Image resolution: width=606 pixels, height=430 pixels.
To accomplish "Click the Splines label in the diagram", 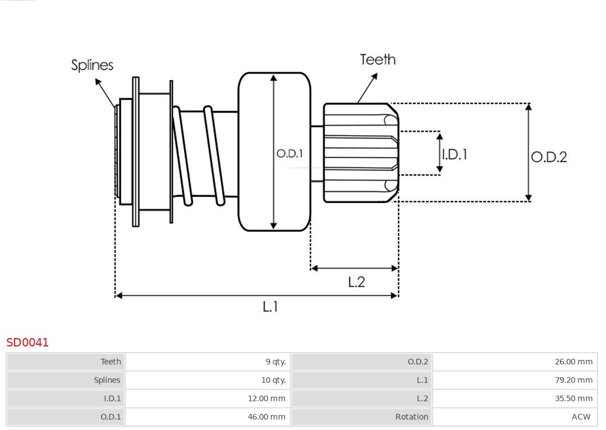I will pos(92,65).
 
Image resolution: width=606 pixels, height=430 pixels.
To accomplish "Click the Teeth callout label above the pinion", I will pos(378,59).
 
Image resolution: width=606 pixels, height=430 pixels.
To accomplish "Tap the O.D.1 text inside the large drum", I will pos(290,153).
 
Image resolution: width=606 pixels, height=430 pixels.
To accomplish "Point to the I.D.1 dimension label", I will pos(454,154).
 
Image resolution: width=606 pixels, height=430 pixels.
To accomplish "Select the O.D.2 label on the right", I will pos(549,157).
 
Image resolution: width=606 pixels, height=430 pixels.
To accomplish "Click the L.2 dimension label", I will pos(356,281).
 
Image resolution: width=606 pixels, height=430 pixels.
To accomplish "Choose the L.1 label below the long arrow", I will pos(270,306).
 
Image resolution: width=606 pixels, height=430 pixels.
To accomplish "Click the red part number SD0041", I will pos(27,342).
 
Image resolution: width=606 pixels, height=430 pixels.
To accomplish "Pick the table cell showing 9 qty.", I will pos(276,362).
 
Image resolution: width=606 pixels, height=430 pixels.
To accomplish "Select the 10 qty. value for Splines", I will pos(273,380).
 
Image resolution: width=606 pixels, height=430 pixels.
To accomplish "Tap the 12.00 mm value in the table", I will pos(267,399).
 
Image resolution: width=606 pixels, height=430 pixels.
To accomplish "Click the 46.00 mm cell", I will pos(267,417).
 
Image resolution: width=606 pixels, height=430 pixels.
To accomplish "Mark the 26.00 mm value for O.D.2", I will pos(573,362).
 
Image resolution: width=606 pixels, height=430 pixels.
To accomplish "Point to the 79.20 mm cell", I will pos(573,380).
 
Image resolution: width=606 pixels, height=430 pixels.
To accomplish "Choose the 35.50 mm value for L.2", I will pos(573,399).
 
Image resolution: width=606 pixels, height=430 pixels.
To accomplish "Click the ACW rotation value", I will pos(581,417).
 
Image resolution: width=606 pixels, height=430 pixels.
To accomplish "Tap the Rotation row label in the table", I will pos(411,417).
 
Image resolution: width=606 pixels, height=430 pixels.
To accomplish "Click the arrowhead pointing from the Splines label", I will pos(98,82).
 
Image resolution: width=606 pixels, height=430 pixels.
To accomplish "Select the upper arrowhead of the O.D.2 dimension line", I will pos(528,107).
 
